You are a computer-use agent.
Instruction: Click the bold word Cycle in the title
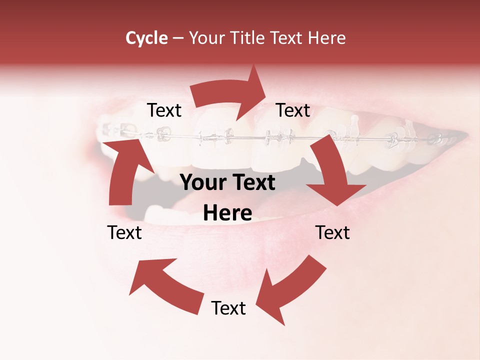coord(146,38)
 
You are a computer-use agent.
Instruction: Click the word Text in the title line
coord(286,38)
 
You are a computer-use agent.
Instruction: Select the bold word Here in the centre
coord(227,213)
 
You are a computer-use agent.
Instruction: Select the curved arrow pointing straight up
coord(125,170)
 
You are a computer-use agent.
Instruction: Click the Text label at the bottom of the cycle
coord(228,308)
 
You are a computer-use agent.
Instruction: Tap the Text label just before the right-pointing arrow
coord(164,110)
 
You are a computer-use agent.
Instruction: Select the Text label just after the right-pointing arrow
coord(293,110)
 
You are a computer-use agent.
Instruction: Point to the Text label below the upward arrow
coord(124,232)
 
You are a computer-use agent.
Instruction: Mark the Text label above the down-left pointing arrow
coord(332,232)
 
